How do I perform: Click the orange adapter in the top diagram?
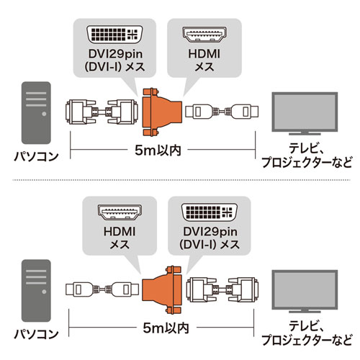point(159,112)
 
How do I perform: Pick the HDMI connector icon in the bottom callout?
point(117,214)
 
